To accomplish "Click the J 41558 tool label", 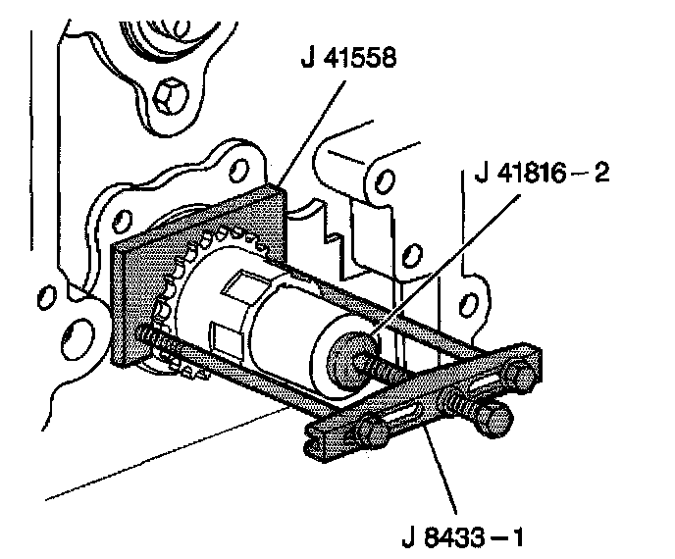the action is tap(348, 57).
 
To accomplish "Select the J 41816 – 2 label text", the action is tap(542, 173).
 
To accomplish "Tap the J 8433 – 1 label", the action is tap(462, 536).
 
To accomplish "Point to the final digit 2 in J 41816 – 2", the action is tap(601, 173).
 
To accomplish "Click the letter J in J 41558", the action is tap(307, 58).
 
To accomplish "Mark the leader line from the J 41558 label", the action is tap(312, 132).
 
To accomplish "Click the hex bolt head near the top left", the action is tap(170, 98).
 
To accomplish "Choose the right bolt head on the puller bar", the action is tap(518, 376).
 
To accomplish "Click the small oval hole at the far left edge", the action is tap(46, 297).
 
